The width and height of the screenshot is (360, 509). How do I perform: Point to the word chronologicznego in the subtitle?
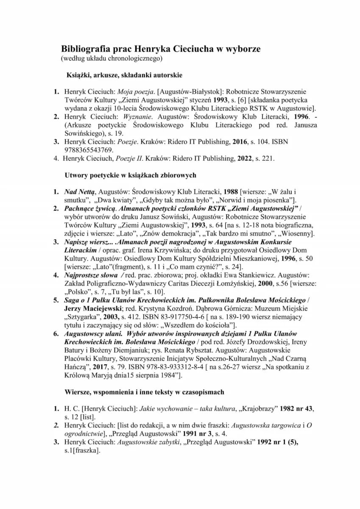137,58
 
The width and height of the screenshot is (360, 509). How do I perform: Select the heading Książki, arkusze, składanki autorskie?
124,75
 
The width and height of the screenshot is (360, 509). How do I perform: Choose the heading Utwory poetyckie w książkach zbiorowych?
130,174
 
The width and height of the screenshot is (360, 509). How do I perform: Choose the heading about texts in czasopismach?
144,392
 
